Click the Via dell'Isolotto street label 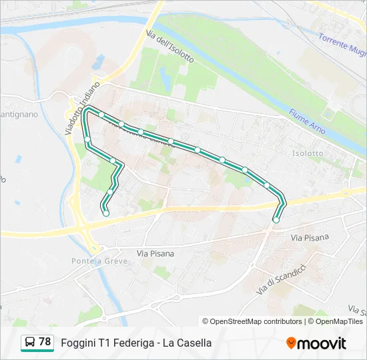[170, 45]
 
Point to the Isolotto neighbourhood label [308, 153]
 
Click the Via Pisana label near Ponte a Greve [155, 253]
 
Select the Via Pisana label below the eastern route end [310, 237]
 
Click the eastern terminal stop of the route [276, 219]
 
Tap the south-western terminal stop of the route [105, 213]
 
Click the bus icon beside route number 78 [30, 342]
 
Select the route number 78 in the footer [45, 342]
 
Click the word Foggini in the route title [78, 343]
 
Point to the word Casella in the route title [194, 343]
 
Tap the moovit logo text [322, 343]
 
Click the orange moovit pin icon [291, 343]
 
